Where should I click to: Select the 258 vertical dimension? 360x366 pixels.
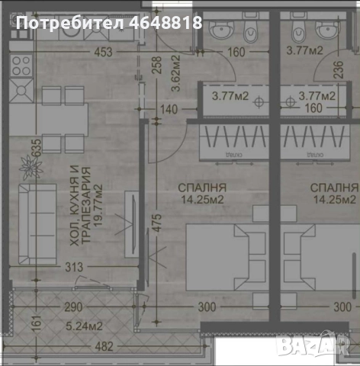pos(156,67)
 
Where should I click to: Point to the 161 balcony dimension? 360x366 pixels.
pos(14,323)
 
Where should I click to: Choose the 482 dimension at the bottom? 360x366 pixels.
pos(104,346)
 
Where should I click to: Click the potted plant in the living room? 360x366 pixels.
pos(31,164)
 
